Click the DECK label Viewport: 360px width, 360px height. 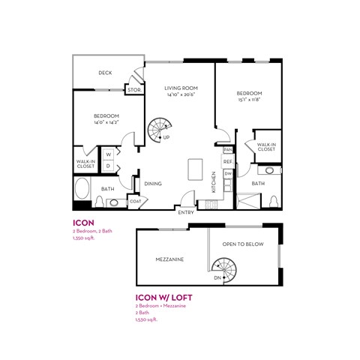pyautogui.click(x=104, y=73)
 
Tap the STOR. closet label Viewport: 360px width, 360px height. pyautogui.click(x=133, y=90)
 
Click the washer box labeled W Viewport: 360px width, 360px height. pyautogui.click(x=108, y=154)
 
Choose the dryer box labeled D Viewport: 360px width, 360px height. pyautogui.click(x=108, y=166)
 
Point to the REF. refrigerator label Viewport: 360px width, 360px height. pyautogui.click(x=227, y=161)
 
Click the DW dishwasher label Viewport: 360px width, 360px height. pyautogui.click(x=227, y=173)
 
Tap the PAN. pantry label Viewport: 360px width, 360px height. pyautogui.click(x=226, y=150)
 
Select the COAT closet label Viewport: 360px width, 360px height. pyautogui.click(x=136, y=200)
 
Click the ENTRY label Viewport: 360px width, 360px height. pyautogui.click(x=186, y=212)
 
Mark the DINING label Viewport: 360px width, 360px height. pyautogui.click(x=153, y=183)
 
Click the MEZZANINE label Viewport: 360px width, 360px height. pyautogui.click(x=170, y=259)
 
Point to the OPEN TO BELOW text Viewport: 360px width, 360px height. pyautogui.click(x=240, y=244)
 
